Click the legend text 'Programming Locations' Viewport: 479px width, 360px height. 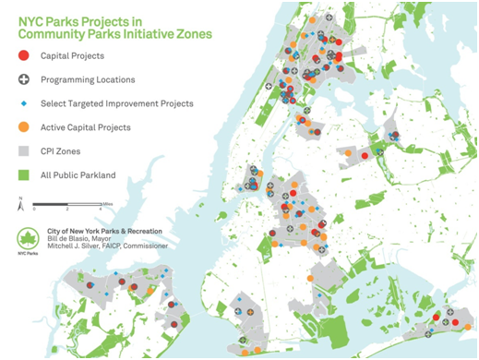tap(88, 80)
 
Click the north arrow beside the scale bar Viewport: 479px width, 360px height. tap(20, 204)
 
